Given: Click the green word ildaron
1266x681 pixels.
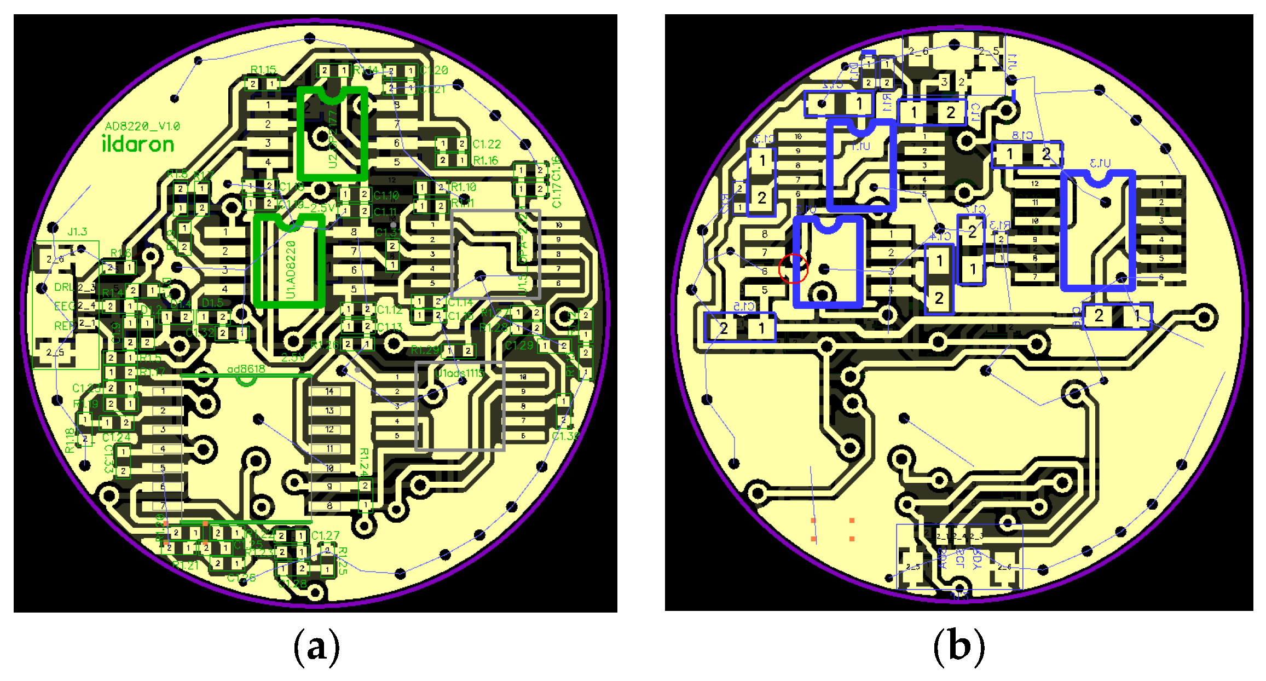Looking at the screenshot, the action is point(138,144).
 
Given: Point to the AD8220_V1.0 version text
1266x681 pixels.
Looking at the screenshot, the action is point(142,126).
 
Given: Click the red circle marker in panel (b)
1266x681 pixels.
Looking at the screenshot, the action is point(793,268).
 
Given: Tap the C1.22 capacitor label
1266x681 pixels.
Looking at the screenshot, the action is point(487,144).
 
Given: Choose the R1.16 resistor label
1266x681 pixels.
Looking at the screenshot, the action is point(486,160).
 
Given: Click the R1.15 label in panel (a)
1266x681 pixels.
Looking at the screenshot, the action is point(263,70).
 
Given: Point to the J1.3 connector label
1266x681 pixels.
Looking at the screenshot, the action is point(77,232).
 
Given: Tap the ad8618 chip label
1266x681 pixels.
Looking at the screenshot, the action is point(246,369).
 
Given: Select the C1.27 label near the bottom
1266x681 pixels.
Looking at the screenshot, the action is point(325,535).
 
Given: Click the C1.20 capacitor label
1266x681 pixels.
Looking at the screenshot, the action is point(434,70).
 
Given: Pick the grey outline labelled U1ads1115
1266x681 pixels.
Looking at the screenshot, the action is point(460,406).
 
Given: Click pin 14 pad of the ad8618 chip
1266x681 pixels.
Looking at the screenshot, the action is point(329,391).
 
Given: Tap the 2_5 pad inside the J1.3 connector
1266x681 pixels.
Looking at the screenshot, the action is point(55,352).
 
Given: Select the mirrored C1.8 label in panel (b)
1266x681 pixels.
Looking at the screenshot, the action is point(1022,135).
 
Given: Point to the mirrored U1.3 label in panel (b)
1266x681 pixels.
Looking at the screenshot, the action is point(1100,163).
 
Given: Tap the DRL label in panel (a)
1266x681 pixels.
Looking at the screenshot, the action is point(63,287).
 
